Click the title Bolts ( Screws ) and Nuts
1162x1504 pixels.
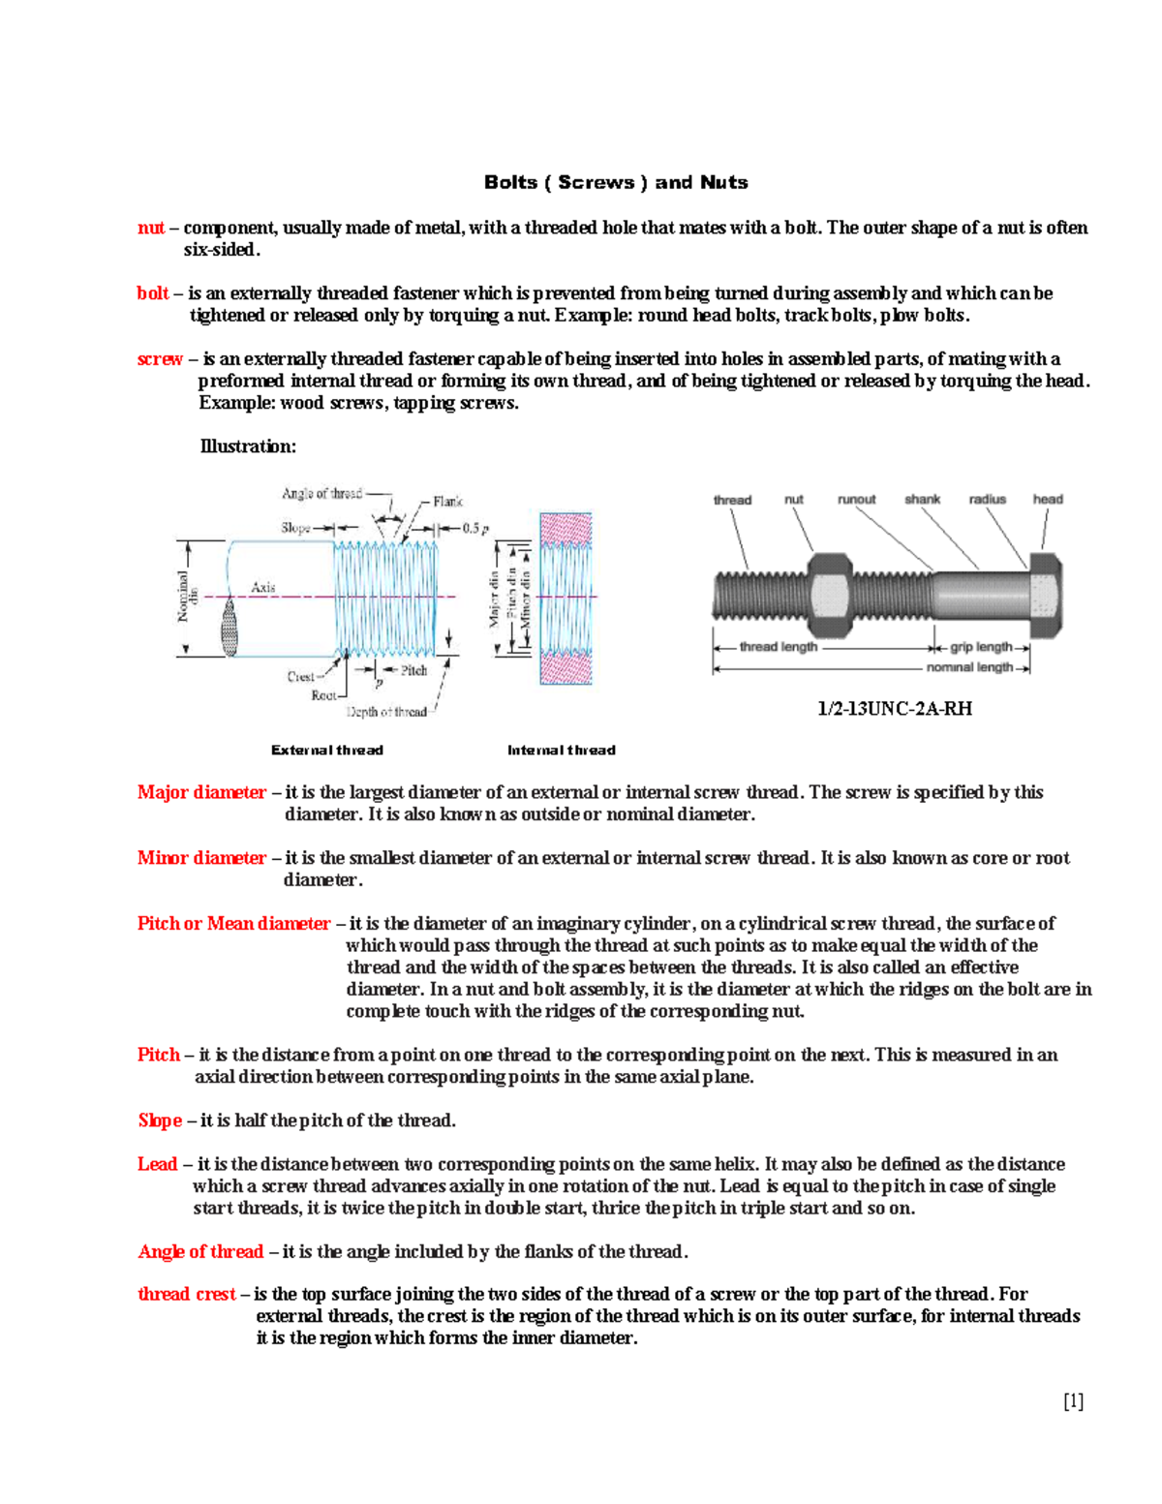tap(616, 182)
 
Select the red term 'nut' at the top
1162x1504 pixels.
tap(150, 228)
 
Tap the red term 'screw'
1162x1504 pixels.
tap(160, 359)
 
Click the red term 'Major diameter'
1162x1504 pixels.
tap(201, 792)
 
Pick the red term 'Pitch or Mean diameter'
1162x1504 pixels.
tap(233, 924)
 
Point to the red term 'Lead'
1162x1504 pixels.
tap(157, 1164)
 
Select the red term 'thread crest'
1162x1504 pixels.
tap(186, 1295)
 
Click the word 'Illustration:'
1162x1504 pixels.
tap(248, 446)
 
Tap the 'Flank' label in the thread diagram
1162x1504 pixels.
tap(447, 502)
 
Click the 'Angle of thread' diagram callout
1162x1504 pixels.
tap(321, 494)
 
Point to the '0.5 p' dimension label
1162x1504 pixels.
tap(475, 529)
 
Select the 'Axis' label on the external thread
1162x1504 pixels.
tap(263, 587)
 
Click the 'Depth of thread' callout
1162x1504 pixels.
tap(386, 712)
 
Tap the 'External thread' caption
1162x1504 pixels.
tap(327, 751)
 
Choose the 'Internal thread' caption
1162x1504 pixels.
tap(562, 751)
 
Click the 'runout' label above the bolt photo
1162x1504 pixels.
tap(856, 500)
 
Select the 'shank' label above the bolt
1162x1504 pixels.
tap(922, 500)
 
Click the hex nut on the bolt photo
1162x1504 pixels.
tap(829, 595)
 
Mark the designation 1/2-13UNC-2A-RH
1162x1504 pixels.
tap(895, 709)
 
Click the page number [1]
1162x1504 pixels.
tap(1073, 1401)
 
